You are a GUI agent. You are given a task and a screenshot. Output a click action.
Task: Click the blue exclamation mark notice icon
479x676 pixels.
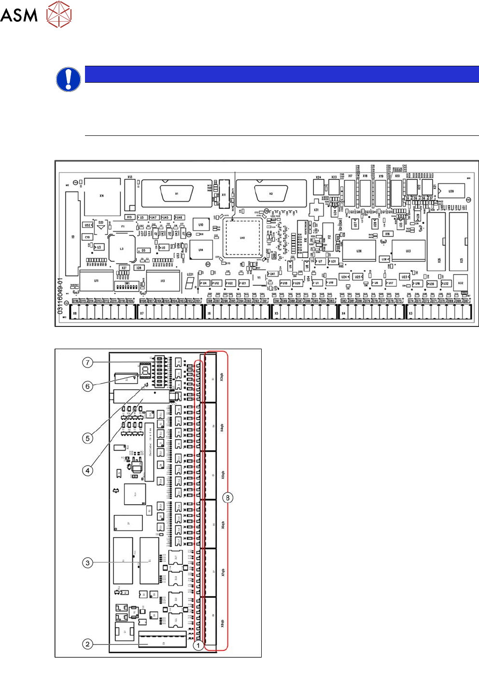pyautogui.click(x=69, y=79)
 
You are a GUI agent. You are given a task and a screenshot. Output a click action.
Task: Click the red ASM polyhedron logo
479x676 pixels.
pyautogui.click(x=59, y=14)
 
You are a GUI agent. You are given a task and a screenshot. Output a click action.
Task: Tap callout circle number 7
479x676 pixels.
pyautogui.click(x=87, y=362)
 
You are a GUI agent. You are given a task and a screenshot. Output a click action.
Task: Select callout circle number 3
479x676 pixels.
pyautogui.click(x=87, y=562)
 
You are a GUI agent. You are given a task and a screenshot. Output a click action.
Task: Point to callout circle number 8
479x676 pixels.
pyautogui.click(x=227, y=498)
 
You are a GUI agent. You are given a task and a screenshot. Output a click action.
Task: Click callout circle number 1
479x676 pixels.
pyautogui.click(x=197, y=645)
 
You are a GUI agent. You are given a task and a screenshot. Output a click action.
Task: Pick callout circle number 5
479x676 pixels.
pyautogui.click(x=87, y=438)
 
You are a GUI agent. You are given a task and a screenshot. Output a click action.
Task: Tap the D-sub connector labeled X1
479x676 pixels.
pyautogui.click(x=176, y=193)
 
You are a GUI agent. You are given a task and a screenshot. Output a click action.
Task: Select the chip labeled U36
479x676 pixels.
pyautogui.click(x=359, y=251)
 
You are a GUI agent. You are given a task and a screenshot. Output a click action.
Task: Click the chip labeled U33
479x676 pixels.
pyautogui.click(x=409, y=251)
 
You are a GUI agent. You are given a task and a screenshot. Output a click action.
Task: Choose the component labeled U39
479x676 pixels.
pyautogui.click(x=451, y=191)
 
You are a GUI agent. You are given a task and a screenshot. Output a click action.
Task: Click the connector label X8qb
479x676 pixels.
pyautogui.click(x=222, y=623)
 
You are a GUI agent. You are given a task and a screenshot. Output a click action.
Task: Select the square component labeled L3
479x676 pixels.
pyautogui.click(x=122, y=249)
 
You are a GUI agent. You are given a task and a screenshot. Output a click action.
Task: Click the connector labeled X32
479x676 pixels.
pyautogui.click(x=460, y=283)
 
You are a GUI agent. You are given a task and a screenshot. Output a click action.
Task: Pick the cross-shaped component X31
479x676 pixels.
pyautogui.click(x=316, y=209)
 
